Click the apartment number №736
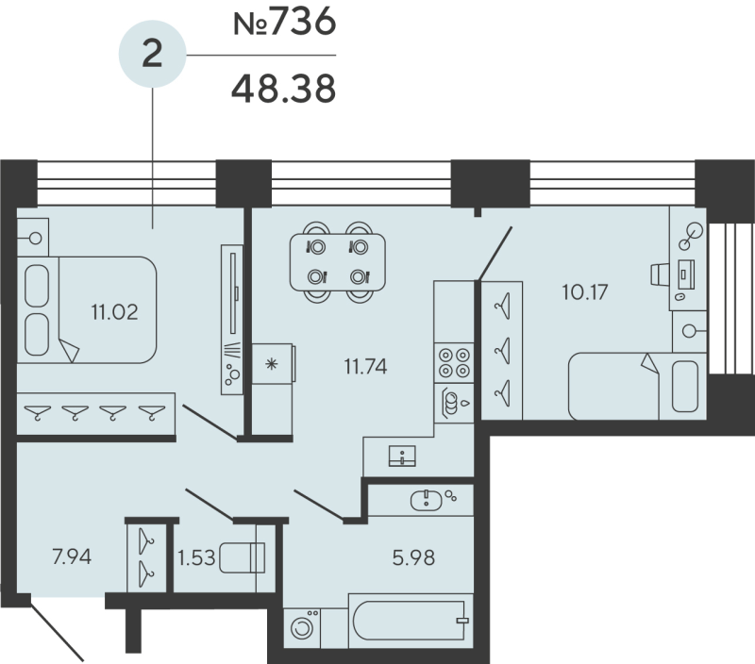point(284,24)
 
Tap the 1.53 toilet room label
point(197,557)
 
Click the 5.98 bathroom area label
point(411,556)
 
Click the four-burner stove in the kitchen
point(451,362)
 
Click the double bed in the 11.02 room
point(90,309)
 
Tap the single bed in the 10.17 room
point(632,385)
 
